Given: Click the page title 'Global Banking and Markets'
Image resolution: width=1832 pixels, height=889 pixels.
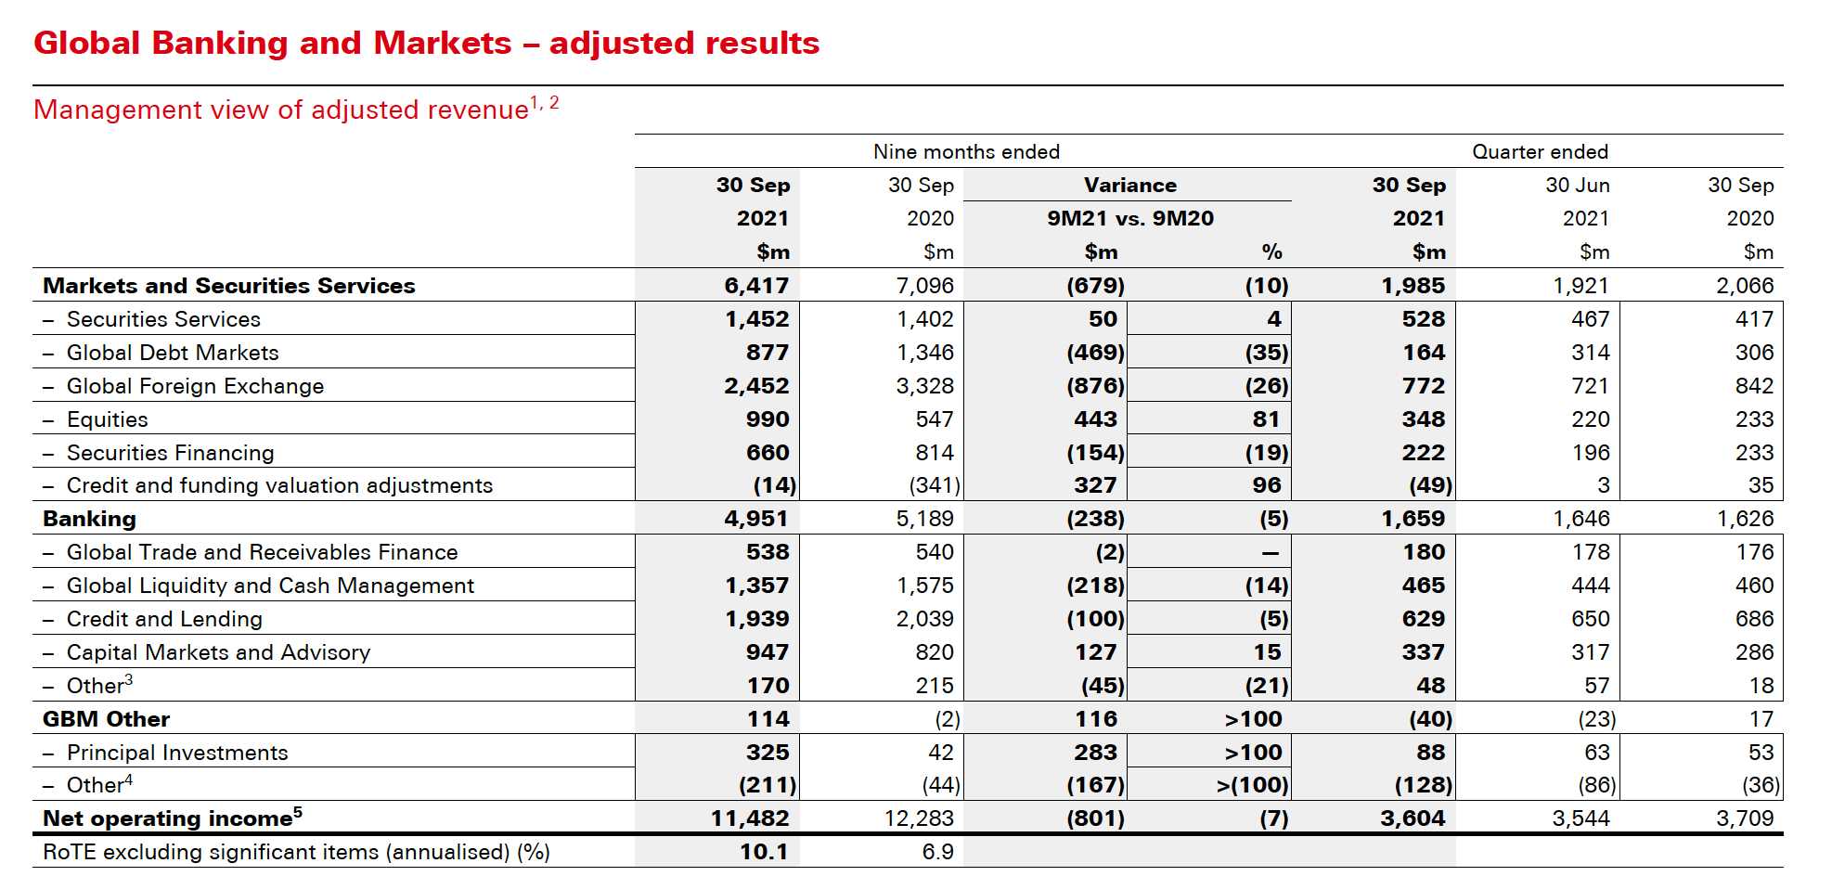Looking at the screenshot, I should coord(272,44).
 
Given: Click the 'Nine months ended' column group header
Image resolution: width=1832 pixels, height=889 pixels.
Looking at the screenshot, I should coord(965,152).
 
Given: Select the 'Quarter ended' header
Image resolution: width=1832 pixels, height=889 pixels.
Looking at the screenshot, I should coord(1539,152).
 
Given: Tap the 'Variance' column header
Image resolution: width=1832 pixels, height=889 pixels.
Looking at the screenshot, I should coord(1129,186).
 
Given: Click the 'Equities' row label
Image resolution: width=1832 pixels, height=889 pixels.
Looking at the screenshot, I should coord(107,419).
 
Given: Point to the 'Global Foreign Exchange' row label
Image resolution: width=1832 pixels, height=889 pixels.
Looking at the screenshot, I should coord(195,386).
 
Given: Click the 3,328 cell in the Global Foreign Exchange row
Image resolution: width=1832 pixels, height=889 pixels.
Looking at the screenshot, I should coord(924,386).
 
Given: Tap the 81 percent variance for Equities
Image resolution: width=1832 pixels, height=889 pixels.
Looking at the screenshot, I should coord(1266,419).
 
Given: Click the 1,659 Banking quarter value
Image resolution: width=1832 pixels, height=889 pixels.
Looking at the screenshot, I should coord(1413,519).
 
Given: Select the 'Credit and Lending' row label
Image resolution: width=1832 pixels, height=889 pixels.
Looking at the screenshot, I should coord(164,619).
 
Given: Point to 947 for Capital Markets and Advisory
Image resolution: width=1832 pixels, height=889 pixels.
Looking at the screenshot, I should coord(767,652).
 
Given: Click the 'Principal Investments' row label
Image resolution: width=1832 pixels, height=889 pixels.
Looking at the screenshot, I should coord(177,753).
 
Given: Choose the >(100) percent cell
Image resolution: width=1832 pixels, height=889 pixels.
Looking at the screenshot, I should coord(1252,785).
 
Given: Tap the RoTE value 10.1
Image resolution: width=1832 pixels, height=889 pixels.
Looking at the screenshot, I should coord(763,852).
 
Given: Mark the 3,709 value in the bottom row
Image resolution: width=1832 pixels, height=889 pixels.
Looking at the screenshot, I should coord(1744,818).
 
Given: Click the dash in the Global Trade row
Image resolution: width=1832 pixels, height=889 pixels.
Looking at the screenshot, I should coord(1270,553).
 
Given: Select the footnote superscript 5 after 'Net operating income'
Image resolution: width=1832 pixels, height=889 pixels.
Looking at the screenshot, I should coord(298,812).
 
